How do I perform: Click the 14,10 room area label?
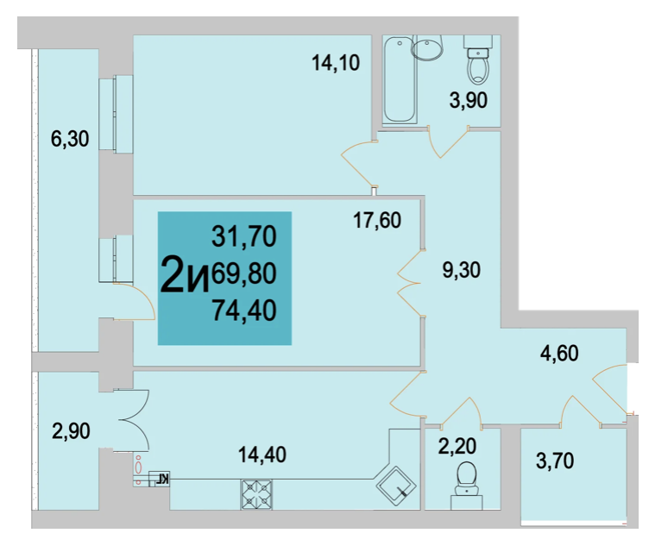point(336,63)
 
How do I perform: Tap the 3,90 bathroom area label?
point(469,101)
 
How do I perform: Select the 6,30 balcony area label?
point(70,139)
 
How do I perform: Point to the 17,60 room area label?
point(377,220)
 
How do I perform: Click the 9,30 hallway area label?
point(462,270)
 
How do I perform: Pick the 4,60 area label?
point(559,354)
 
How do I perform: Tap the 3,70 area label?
point(555,461)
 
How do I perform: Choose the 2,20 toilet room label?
point(457,447)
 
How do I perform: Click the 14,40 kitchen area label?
point(262,455)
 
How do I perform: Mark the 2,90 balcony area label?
point(71,431)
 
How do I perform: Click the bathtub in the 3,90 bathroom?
point(400,79)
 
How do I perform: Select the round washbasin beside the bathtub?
point(427,48)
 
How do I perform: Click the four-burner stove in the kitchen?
point(256,494)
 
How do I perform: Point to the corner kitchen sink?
point(396,487)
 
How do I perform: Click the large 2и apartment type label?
point(184,274)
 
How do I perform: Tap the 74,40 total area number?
point(244,310)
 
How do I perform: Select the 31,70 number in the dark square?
point(244,236)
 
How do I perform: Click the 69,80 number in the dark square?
point(244,273)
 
